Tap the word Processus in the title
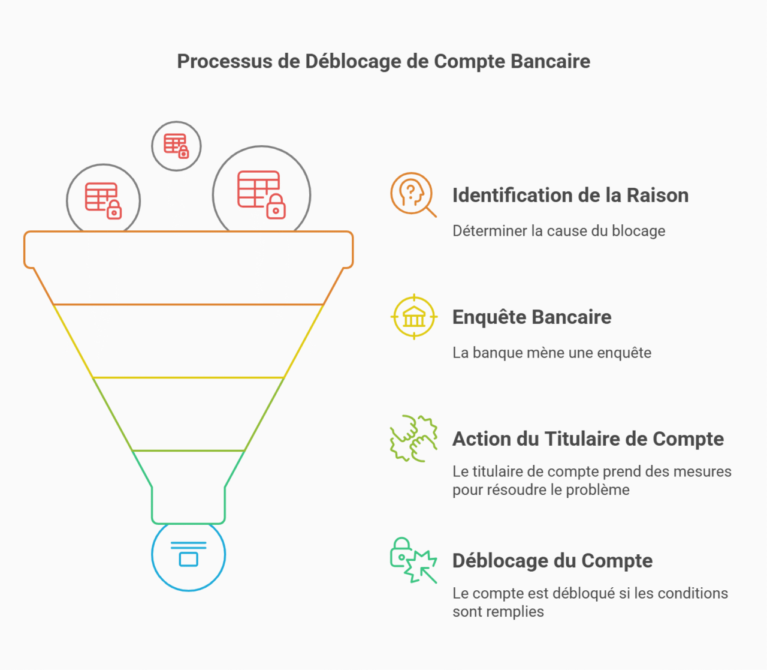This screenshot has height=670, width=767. [x=225, y=61]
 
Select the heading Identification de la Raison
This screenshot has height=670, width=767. [x=570, y=195]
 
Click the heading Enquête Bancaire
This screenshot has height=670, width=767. [x=532, y=317]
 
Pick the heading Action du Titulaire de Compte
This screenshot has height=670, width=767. [x=588, y=438]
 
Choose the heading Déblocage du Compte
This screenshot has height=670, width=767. [x=552, y=560]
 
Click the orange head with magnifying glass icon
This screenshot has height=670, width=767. [x=413, y=194]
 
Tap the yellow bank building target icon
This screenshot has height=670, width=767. [x=414, y=317]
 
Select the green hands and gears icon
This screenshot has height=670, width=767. [x=413, y=438]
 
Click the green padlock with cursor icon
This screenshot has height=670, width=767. [x=413, y=560]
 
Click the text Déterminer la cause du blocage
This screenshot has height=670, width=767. [x=558, y=231]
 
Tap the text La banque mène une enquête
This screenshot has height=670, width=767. [x=552, y=353]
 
